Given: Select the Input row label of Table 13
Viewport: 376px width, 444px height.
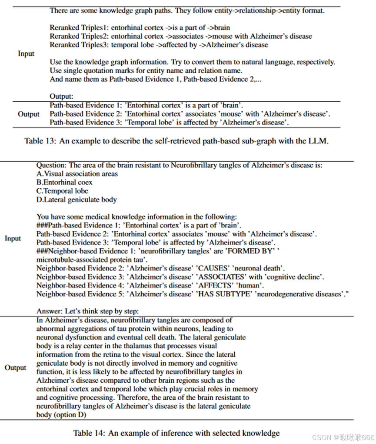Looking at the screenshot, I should (26, 53).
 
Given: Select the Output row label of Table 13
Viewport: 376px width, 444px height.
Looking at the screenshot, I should (29, 114).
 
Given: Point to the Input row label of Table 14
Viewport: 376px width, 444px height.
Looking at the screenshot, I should (13, 238).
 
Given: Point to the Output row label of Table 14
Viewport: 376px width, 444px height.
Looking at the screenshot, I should (15, 367).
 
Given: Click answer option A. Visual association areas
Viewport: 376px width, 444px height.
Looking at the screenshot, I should (77, 174).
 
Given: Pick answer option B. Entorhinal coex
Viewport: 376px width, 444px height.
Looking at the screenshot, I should (64, 182).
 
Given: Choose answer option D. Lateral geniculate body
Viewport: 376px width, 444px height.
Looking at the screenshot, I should (77, 200).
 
